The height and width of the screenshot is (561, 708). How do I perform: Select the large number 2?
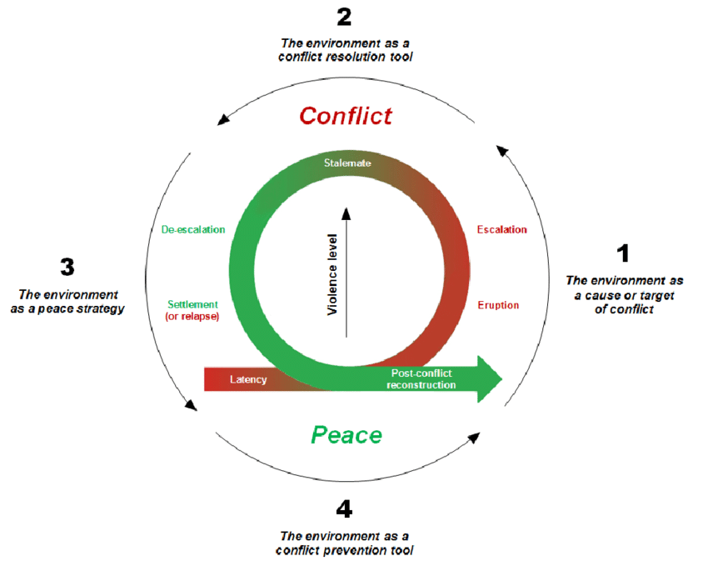tap(345, 18)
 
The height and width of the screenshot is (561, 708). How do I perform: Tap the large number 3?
tap(67, 267)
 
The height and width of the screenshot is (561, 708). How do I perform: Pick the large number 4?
tap(345, 508)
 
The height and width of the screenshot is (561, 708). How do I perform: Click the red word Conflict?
tap(346, 115)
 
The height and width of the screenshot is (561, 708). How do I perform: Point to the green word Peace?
tap(347, 434)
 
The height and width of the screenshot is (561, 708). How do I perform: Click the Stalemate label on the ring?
tap(347, 163)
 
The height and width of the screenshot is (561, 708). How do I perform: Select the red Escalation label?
tap(501, 229)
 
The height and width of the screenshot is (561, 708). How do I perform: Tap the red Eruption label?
tap(498, 305)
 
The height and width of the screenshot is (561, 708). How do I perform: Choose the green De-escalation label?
tap(193, 229)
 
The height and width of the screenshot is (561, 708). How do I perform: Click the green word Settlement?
tap(192, 304)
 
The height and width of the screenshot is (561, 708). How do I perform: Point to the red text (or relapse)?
tap(192, 317)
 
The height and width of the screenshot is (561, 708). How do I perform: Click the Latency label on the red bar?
tap(248, 380)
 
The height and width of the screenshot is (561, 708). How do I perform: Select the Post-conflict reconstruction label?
tap(421, 379)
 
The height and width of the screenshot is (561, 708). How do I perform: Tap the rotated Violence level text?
tap(332, 273)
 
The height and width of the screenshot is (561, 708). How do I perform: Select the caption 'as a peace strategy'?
tap(70, 308)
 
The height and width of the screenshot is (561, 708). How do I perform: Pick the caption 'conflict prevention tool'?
tap(345, 550)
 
